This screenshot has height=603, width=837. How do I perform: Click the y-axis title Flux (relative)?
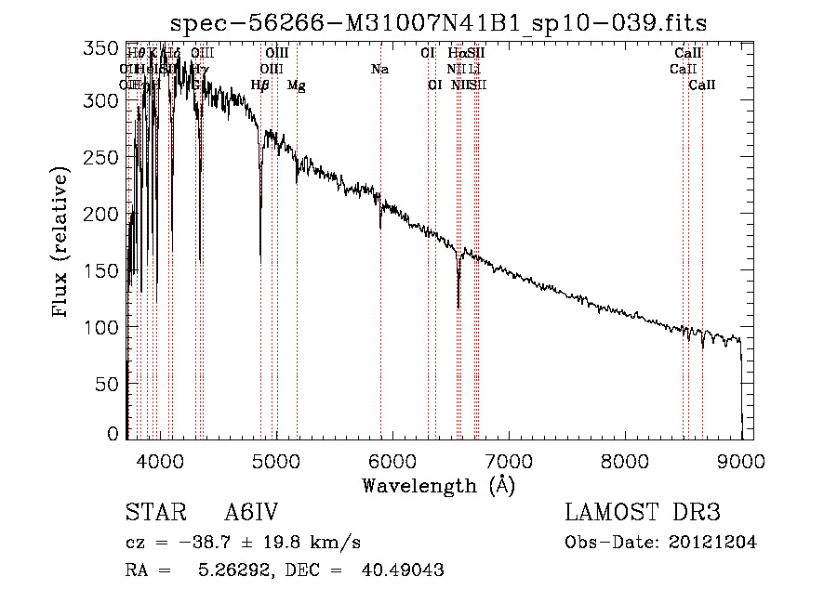(x=62, y=243)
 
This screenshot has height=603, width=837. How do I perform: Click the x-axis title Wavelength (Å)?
(x=438, y=486)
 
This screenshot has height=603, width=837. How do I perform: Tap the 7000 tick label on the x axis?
(x=510, y=461)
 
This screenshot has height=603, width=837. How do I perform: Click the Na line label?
(x=379, y=69)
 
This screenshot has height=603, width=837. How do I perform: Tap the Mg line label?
(x=297, y=85)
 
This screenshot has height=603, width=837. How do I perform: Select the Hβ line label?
(x=260, y=85)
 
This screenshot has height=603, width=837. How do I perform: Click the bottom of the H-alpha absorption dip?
(x=458, y=305)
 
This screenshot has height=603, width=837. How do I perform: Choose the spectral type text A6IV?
(x=252, y=513)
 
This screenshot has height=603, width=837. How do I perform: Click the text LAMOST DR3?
(x=643, y=513)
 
